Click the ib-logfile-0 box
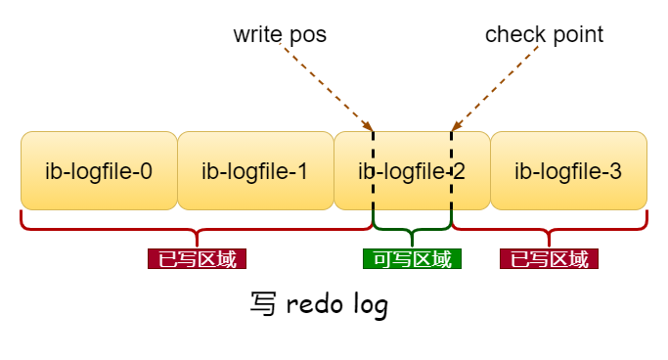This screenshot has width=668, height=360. (x=99, y=171)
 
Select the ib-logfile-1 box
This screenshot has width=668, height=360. (x=255, y=171)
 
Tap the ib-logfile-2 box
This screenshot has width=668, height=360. (x=412, y=171)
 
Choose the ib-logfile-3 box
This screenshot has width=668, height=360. (x=568, y=171)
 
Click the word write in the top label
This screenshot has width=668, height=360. (x=257, y=35)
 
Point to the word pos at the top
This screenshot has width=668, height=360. (x=308, y=35)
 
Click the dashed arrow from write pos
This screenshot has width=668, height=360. (x=327, y=88)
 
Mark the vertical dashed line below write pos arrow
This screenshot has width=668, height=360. (x=373, y=176)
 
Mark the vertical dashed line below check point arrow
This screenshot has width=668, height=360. (x=451, y=176)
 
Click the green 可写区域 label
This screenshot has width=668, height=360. (x=412, y=259)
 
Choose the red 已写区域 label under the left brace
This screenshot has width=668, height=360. (x=197, y=259)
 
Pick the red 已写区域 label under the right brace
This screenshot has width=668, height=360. (x=549, y=259)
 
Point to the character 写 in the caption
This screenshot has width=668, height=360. (x=262, y=304)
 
